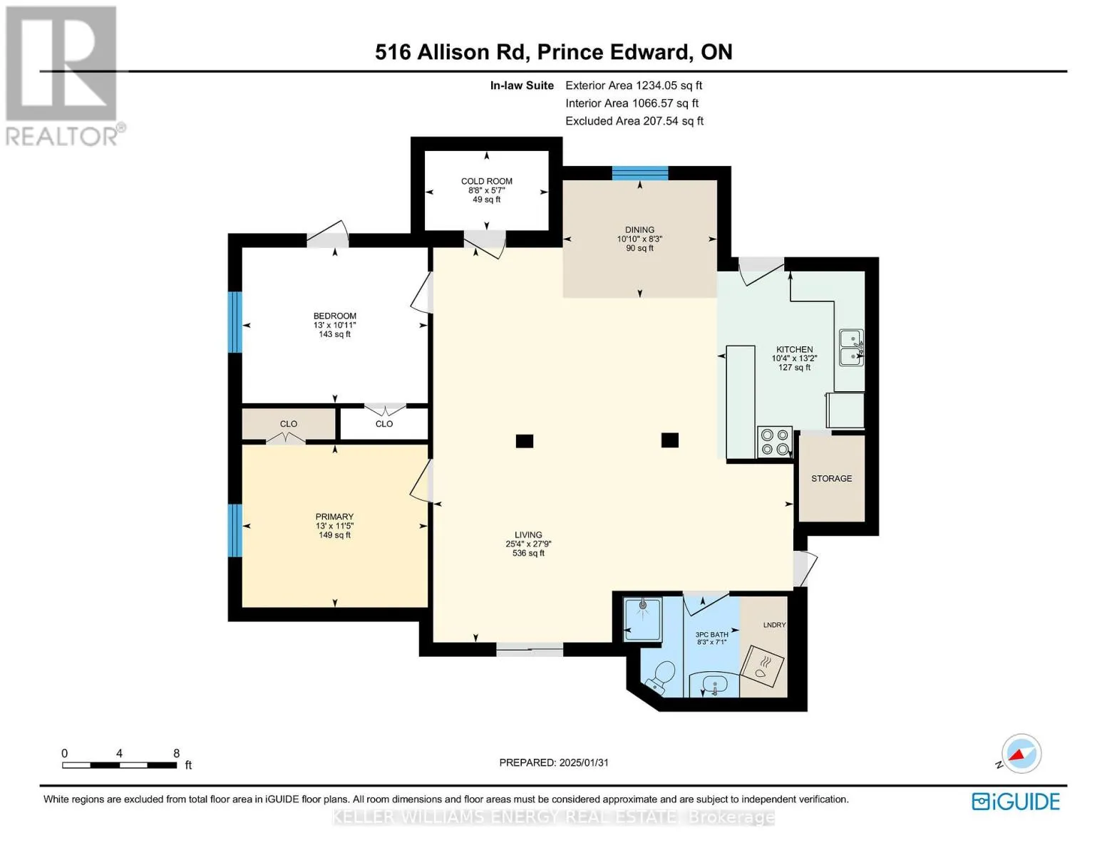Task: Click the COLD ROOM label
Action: (487, 181)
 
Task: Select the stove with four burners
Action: (774, 442)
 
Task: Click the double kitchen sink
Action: (851, 348)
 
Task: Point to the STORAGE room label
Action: (831, 479)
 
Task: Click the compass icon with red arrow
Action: (1021, 754)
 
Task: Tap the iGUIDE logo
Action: (1016, 802)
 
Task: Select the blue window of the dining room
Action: (640, 173)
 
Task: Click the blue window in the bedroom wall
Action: (235, 322)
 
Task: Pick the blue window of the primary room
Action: (235, 531)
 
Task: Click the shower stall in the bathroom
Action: (643, 619)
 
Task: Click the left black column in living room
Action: (524, 441)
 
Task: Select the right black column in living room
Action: (670, 440)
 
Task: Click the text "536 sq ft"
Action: (528, 553)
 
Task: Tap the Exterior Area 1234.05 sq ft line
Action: (634, 85)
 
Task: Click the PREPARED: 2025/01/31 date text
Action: (554, 763)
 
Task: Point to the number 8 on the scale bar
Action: (176, 753)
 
